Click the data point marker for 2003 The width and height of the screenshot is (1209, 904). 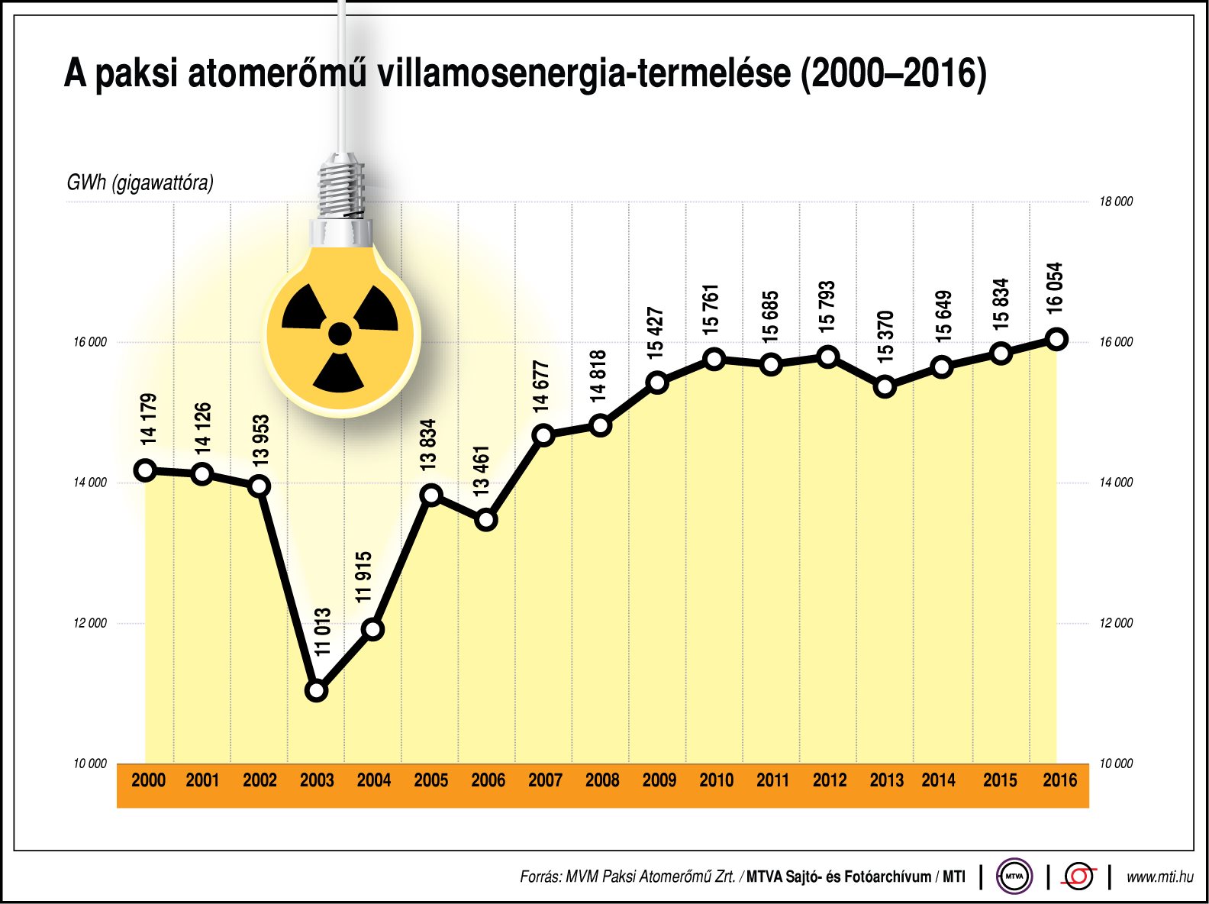pyautogui.click(x=316, y=690)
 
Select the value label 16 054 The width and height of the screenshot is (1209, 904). pyautogui.click(x=1055, y=288)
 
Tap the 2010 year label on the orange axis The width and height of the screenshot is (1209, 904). pyautogui.click(x=716, y=780)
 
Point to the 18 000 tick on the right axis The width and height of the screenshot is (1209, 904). pyautogui.click(x=1115, y=202)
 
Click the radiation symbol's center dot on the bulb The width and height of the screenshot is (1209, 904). pyautogui.click(x=340, y=334)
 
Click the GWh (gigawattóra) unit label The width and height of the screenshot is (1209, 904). pyautogui.click(x=140, y=182)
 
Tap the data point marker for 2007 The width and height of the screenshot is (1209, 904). pyautogui.click(x=543, y=435)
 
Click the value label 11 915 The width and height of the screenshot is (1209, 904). pyautogui.click(x=364, y=576)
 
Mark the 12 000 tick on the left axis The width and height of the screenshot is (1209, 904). pyautogui.click(x=90, y=623)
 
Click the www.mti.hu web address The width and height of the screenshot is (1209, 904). pyautogui.click(x=1159, y=877)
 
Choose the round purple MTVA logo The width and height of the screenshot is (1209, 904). pyautogui.click(x=1014, y=877)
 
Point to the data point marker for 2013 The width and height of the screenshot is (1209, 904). pyautogui.click(x=885, y=386)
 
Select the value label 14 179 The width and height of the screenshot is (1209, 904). pyautogui.click(x=148, y=418)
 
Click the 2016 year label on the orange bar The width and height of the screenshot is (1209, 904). pyautogui.click(x=1059, y=780)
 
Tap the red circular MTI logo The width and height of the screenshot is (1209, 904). pyautogui.click(x=1078, y=877)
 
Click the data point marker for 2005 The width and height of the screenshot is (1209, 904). pyautogui.click(x=431, y=495)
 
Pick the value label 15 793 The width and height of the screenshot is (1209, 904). pyautogui.click(x=827, y=306)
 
